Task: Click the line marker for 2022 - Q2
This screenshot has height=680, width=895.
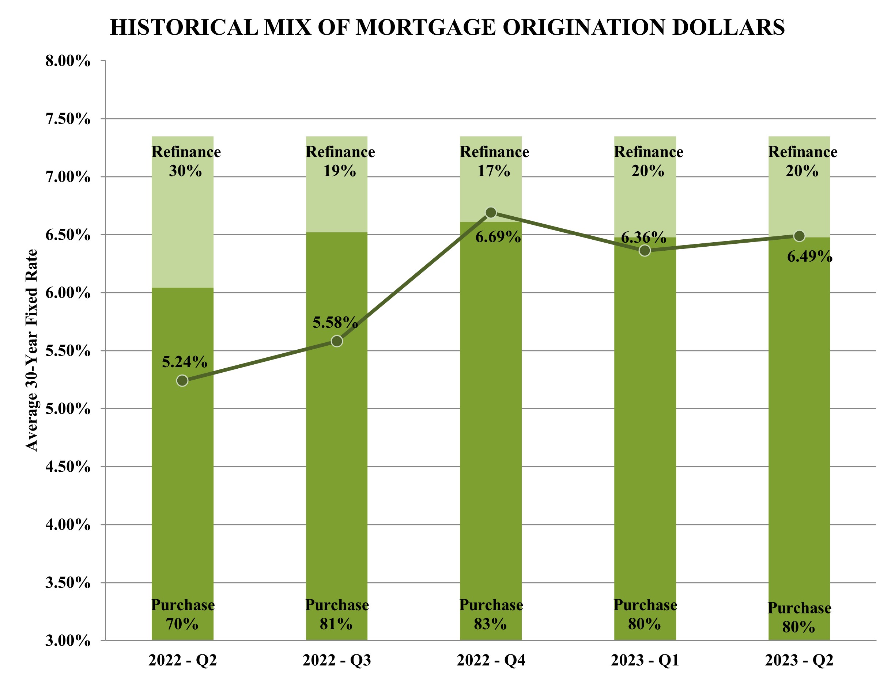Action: [182, 380]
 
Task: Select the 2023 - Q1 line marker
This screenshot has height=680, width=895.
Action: [645, 251]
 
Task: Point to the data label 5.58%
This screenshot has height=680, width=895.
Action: [335, 323]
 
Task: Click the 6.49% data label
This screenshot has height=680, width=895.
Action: [809, 257]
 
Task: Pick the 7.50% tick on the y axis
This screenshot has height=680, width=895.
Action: [68, 119]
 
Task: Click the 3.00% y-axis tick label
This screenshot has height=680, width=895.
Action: [68, 641]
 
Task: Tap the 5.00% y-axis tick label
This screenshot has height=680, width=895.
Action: [68, 409]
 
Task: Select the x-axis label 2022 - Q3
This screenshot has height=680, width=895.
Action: [336, 661]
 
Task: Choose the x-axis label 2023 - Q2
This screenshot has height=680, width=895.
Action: [799, 661]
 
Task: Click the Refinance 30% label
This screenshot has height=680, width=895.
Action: [186, 161]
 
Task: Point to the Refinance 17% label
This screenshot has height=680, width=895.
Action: [494, 161]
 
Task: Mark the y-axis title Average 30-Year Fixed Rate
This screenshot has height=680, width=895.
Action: [31, 350]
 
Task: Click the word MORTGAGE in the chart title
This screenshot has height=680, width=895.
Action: [426, 27]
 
